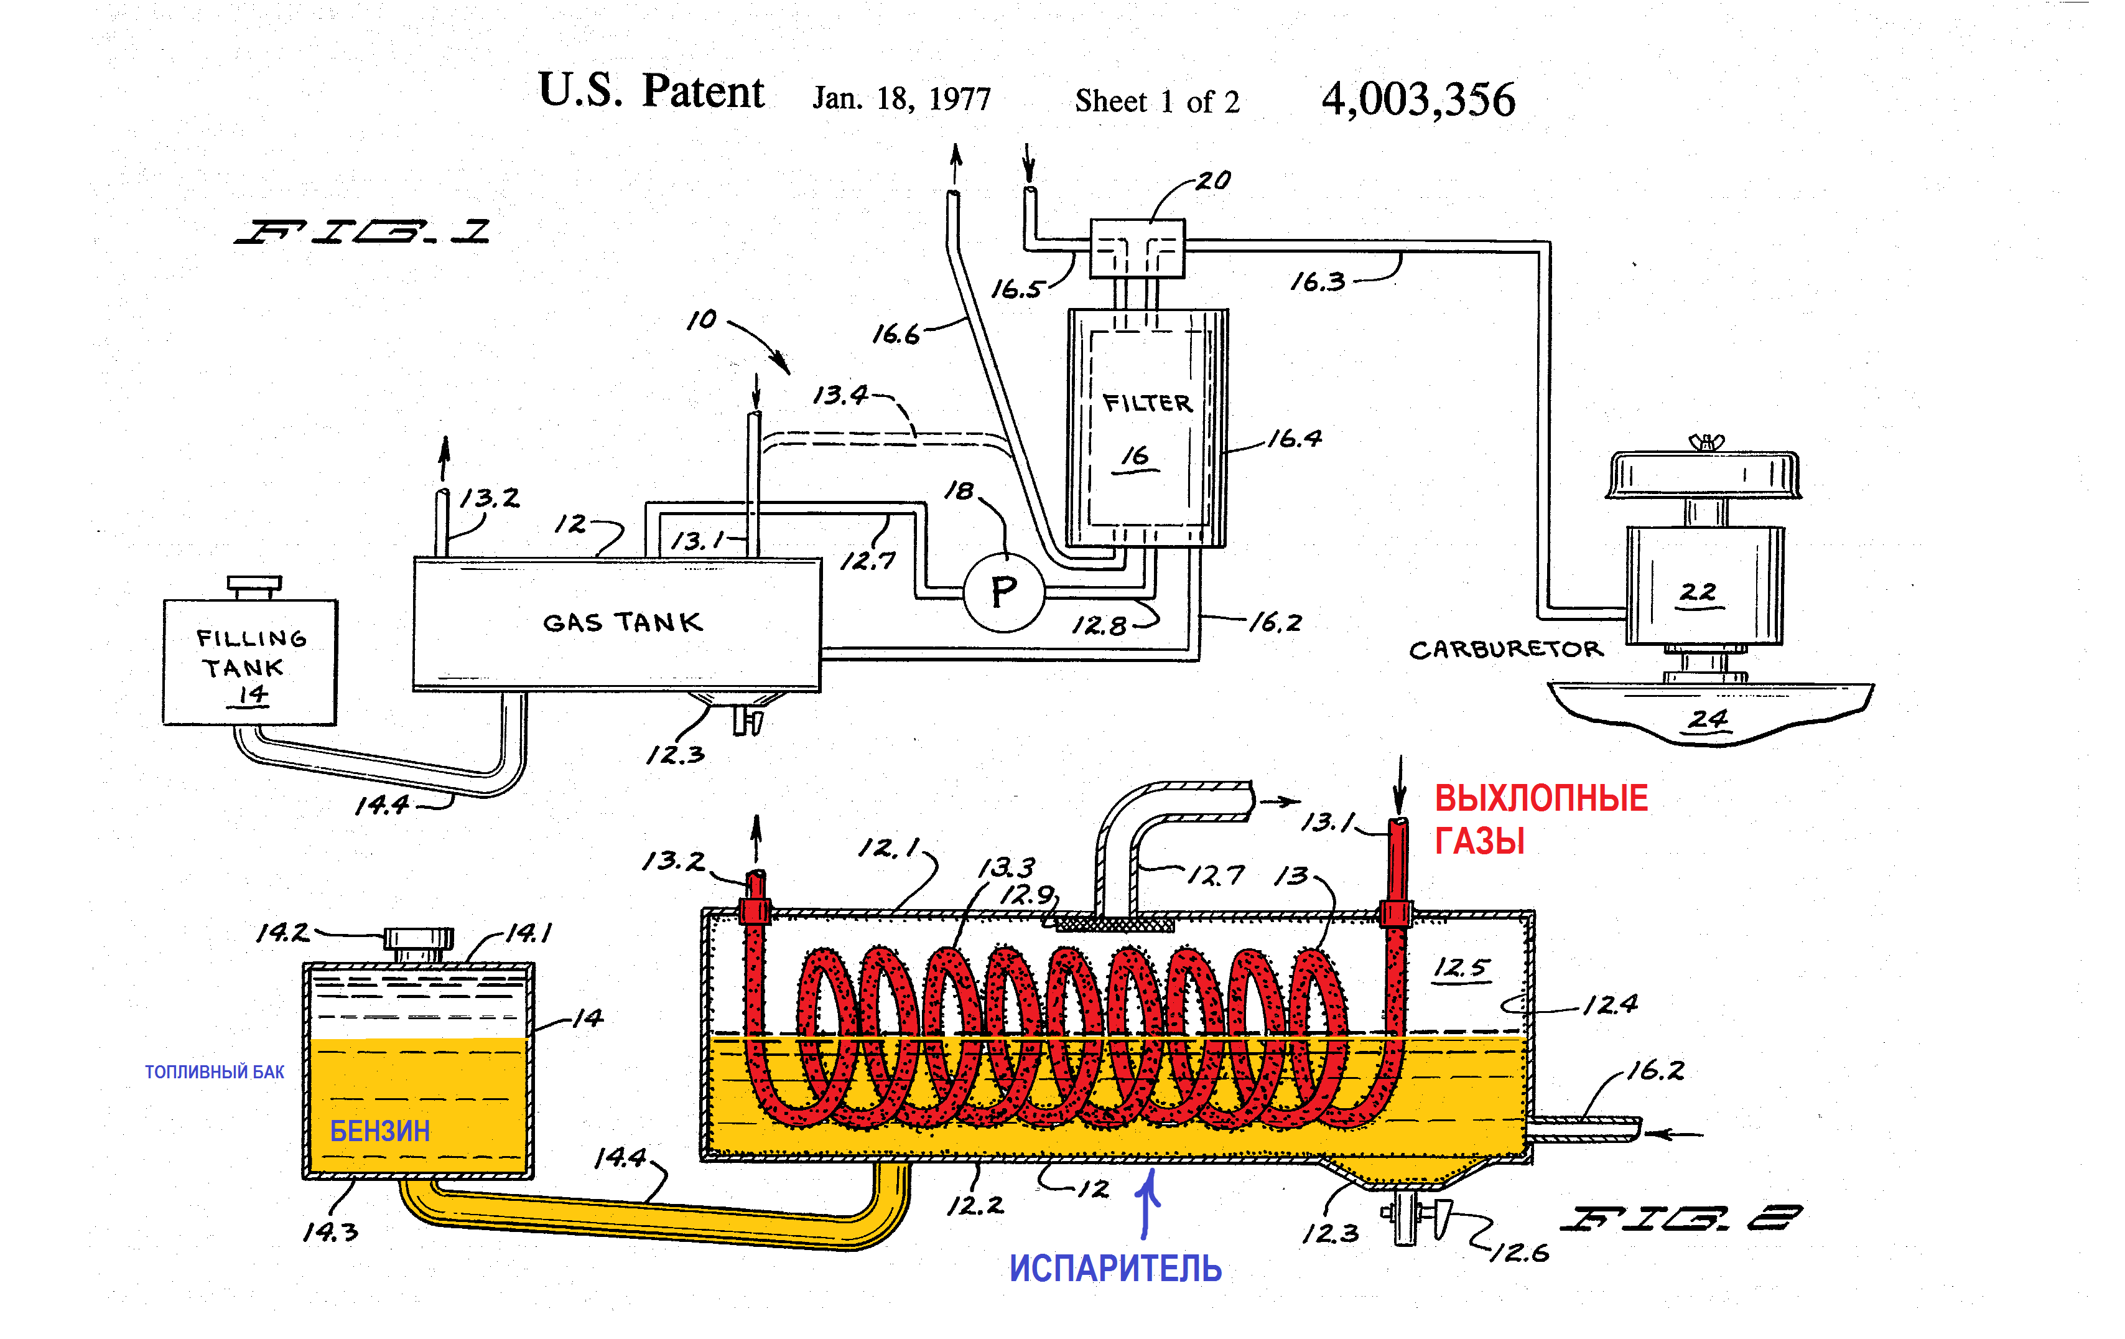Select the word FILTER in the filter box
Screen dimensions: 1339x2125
tap(1146, 403)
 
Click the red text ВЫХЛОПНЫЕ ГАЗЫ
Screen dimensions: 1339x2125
tap(1540, 818)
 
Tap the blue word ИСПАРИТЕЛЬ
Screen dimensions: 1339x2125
tap(1115, 1269)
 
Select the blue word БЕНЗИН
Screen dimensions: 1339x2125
tap(379, 1131)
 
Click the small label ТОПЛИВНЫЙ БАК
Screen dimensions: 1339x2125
tap(215, 1071)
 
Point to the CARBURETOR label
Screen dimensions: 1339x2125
tap(1505, 650)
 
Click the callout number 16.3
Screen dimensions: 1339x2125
tap(1318, 282)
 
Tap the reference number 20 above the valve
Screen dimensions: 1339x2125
tap(1214, 181)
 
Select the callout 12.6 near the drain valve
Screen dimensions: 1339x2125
tap(1520, 1253)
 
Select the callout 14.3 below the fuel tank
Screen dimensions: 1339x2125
tap(331, 1232)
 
